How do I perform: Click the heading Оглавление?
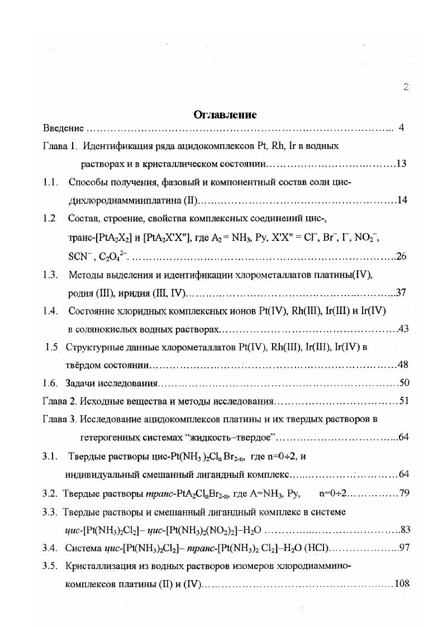(225, 115)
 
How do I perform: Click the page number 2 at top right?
(406, 87)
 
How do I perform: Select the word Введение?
(63, 129)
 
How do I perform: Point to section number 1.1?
(51, 182)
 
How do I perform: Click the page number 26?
(401, 256)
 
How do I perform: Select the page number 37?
(401, 292)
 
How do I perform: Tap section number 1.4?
(51, 310)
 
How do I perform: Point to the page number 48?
(403, 365)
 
